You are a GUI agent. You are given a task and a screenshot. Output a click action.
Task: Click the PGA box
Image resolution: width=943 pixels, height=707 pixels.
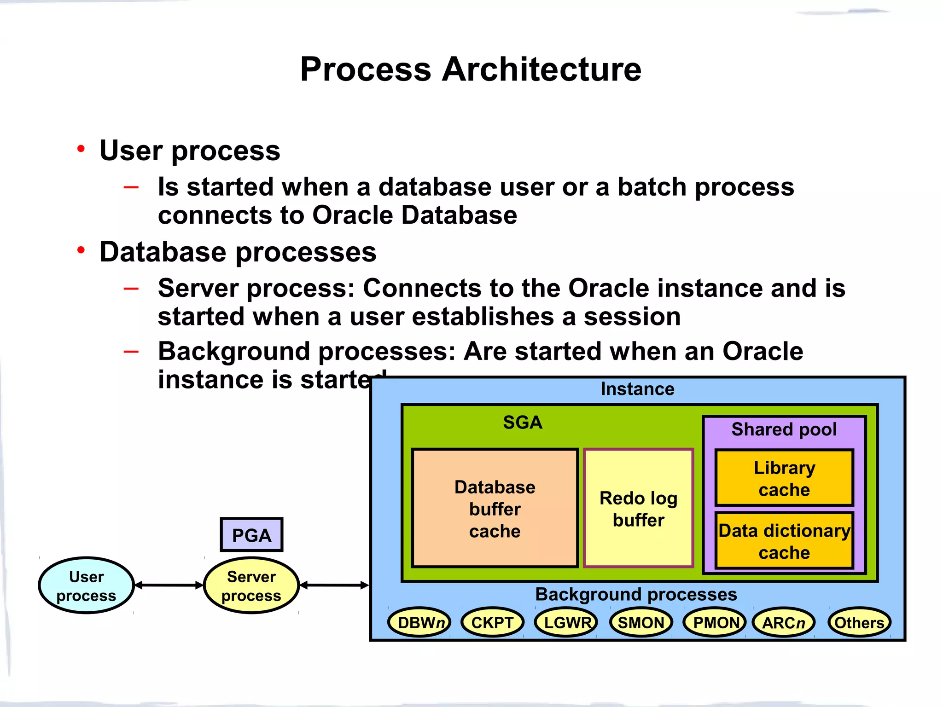pyautogui.click(x=251, y=535)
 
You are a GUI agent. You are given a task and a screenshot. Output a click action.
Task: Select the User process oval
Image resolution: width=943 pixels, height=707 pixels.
pyautogui.click(x=86, y=585)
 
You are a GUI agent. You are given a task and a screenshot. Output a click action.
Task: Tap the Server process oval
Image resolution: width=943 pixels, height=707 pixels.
pyautogui.click(x=251, y=585)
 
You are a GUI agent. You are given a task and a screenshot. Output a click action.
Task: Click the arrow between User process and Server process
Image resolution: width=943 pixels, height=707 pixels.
pyautogui.click(x=169, y=585)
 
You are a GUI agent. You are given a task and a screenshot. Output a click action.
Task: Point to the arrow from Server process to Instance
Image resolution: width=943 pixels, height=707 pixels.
pyautogui.click(x=334, y=585)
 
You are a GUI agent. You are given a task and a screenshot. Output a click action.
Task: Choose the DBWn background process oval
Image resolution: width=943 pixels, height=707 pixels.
pyautogui.click(x=419, y=622)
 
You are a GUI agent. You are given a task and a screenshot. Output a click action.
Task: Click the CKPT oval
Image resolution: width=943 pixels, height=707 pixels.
pyautogui.click(x=492, y=622)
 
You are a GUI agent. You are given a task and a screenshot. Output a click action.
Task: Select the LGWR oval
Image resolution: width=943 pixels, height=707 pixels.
pyautogui.click(x=566, y=622)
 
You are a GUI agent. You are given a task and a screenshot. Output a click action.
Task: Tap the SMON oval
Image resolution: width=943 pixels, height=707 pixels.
pyautogui.click(x=641, y=622)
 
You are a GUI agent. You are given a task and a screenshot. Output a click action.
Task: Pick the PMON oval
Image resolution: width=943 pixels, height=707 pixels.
pyautogui.click(x=715, y=622)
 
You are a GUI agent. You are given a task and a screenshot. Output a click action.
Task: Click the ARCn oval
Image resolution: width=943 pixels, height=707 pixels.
pyautogui.click(x=784, y=622)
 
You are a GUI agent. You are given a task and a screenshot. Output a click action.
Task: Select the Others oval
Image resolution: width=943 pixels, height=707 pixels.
pyautogui.click(x=859, y=622)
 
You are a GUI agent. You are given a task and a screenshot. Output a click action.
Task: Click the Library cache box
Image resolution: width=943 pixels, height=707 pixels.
pyautogui.click(x=784, y=478)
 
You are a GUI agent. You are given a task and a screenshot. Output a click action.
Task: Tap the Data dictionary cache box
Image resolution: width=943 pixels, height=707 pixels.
pyautogui.click(x=784, y=541)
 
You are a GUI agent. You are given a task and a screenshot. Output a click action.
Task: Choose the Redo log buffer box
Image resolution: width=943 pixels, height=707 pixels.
pyautogui.click(x=638, y=508)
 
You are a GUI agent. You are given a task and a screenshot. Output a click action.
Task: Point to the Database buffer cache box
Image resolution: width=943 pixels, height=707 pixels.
pyautogui.click(x=495, y=508)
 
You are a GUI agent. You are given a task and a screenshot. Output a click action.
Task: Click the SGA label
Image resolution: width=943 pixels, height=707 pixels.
pyautogui.click(x=523, y=422)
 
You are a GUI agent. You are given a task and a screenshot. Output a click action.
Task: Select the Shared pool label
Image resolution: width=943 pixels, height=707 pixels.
pyautogui.click(x=784, y=429)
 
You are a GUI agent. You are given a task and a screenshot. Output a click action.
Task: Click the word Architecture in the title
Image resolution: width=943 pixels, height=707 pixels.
pyautogui.click(x=541, y=70)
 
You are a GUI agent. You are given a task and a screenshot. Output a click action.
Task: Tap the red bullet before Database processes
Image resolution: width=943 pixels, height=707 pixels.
pyautogui.click(x=81, y=250)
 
